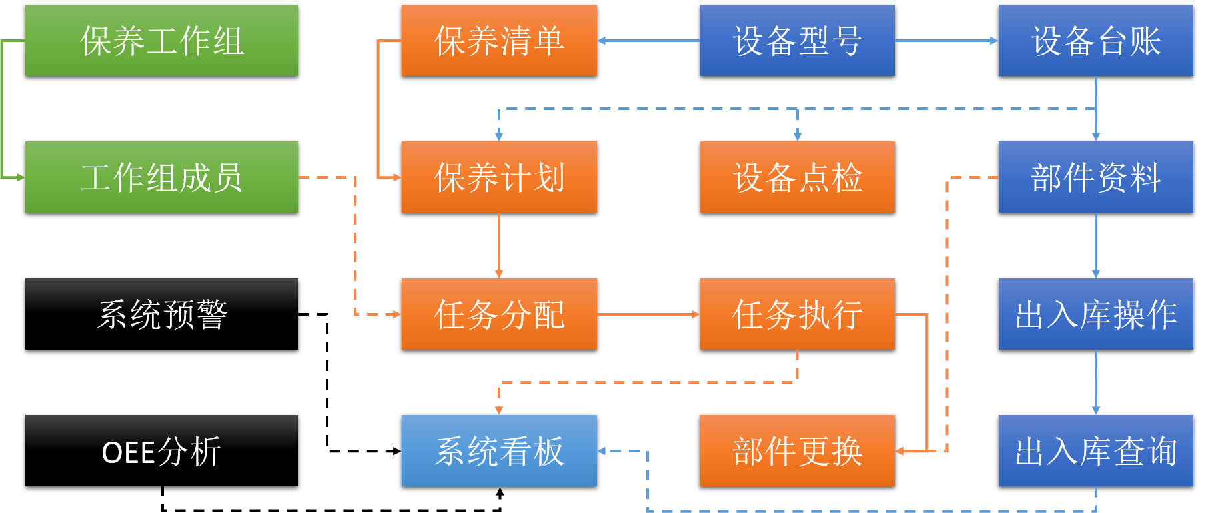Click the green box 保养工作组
click(x=161, y=41)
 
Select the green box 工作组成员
click(x=161, y=177)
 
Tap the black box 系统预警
click(x=161, y=314)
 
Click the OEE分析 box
click(x=161, y=451)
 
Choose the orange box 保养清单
click(x=499, y=41)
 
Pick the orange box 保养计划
click(x=499, y=177)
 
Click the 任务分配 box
click(x=499, y=314)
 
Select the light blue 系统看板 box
click(x=499, y=451)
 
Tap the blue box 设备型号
click(x=797, y=41)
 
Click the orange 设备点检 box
click(x=797, y=177)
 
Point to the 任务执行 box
click(x=797, y=314)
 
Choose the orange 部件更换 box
click(x=797, y=451)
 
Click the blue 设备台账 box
click(x=1095, y=41)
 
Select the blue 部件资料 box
click(x=1095, y=177)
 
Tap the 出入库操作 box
click(x=1095, y=314)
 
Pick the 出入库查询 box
click(x=1095, y=451)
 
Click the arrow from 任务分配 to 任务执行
click(x=648, y=314)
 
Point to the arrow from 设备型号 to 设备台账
click(x=946, y=41)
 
